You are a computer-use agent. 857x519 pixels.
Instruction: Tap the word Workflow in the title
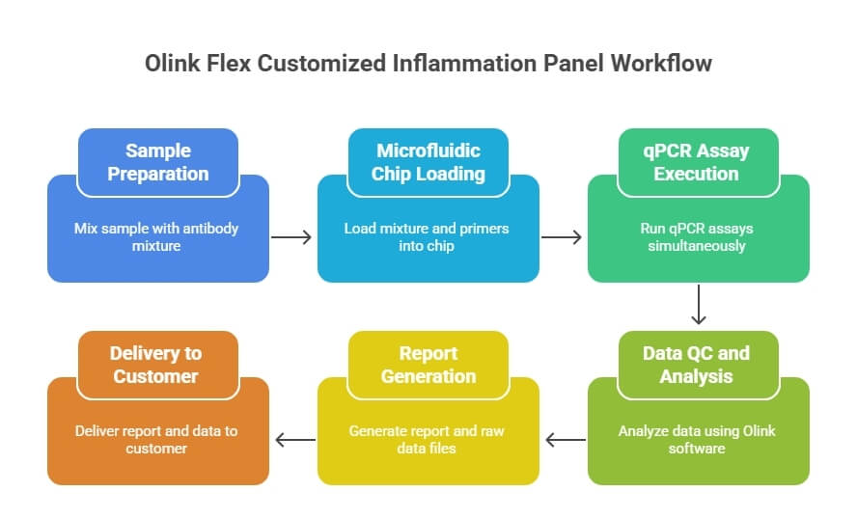click(x=661, y=64)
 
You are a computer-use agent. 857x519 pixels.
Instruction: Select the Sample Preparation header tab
click(x=158, y=162)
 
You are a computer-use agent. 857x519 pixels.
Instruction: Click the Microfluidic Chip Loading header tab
click(x=428, y=162)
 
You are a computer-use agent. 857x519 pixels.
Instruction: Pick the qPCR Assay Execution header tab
click(x=699, y=162)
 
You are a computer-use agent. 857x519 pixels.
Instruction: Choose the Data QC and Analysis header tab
click(x=699, y=365)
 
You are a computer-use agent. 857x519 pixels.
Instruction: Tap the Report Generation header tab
click(x=428, y=365)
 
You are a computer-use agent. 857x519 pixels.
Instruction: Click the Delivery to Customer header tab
click(x=158, y=365)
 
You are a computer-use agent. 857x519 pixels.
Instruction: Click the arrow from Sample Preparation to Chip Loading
click(x=291, y=237)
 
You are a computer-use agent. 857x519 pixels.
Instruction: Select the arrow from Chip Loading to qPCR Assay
click(x=562, y=237)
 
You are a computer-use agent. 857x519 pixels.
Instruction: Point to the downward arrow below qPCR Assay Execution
click(x=699, y=304)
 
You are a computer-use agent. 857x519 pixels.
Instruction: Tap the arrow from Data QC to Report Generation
click(x=566, y=440)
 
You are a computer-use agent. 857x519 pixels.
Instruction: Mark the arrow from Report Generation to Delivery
click(x=295, y=440)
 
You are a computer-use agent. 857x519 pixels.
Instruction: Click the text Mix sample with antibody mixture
click(x=156, y=237)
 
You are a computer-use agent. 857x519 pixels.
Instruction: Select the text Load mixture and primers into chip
click(x=427, y=237)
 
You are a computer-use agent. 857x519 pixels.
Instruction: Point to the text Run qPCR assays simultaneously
click(x=697, y=237)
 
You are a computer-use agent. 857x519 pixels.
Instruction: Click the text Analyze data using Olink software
click(x=697, y=440)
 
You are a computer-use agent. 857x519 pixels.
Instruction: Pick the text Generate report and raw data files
click(x=427, y=440)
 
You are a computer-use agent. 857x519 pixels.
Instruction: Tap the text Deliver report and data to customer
click(x=156, y=440)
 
